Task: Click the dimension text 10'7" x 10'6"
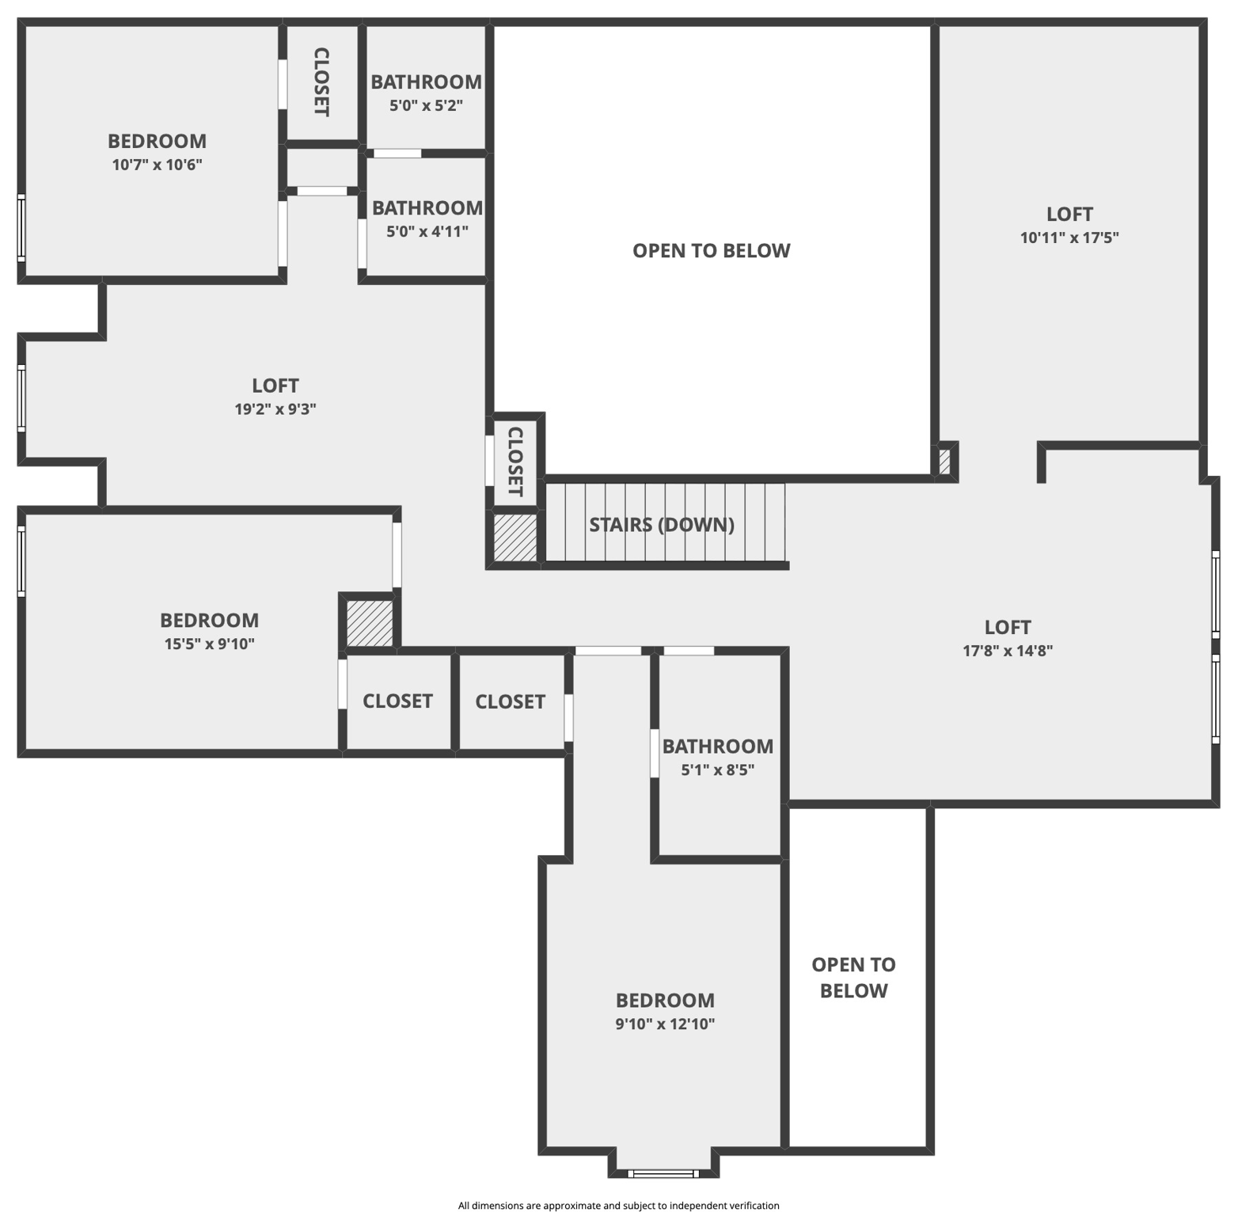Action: click(157, 165)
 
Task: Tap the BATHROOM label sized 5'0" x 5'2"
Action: click(426, 82)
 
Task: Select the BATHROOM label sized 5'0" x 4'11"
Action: click(427, 207)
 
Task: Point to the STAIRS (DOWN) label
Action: click(662, 524)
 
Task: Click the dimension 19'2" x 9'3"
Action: click(275, 409)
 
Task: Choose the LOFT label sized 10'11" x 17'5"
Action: click(1069, 214)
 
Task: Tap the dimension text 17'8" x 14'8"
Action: click(1008, 651)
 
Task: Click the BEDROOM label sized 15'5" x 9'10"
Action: click(209, 620)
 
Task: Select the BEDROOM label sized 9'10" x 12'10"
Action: click(665, 1000)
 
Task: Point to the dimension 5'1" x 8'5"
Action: click(718, 769)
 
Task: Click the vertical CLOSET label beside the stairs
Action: click(515, 462)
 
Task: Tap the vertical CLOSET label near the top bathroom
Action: click(321, 82)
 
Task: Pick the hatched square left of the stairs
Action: click(515, 538)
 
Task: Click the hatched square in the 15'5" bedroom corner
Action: click(370, 623)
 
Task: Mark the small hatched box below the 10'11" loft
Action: click(944, 462)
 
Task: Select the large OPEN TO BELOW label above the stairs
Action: click(711, 250)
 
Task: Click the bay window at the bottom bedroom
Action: click(664, 1172)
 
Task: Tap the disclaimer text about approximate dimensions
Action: click(618, 1205)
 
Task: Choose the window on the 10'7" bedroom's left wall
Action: click(21, 227)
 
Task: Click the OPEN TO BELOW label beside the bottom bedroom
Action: click(853, 977)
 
